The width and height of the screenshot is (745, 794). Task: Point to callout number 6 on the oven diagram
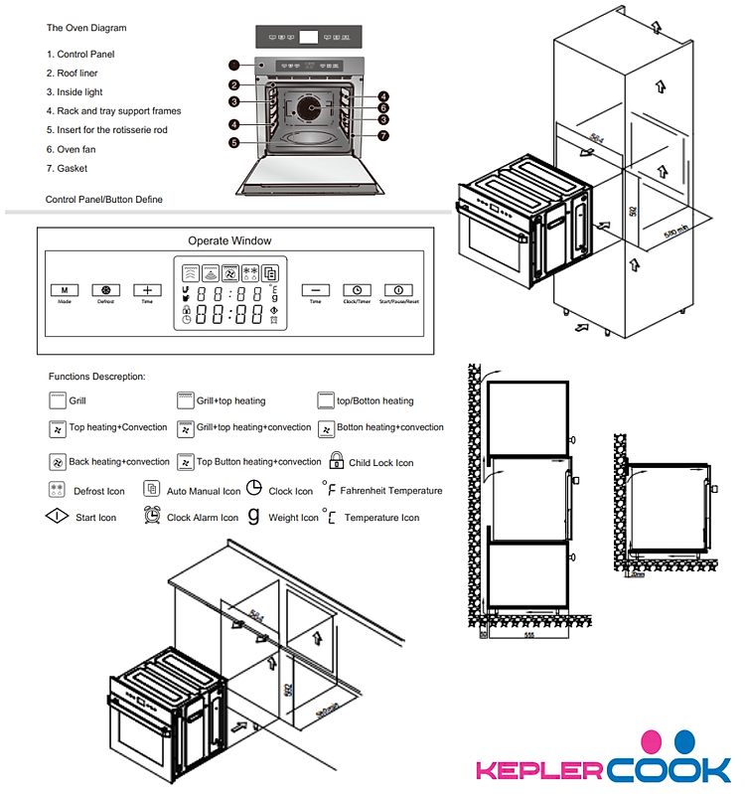click(381, 107)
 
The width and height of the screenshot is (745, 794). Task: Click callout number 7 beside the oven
click(382, 135)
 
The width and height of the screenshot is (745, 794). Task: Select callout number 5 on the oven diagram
click(233, 142)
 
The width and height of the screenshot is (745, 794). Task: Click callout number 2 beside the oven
click(233, 85)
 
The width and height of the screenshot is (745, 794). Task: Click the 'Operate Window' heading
click(229, 240)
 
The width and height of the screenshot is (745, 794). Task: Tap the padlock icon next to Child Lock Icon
click(337, 461)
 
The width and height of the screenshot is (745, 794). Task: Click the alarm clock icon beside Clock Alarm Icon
click(152, 516)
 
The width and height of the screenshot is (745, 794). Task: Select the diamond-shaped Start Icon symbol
click(58, 517)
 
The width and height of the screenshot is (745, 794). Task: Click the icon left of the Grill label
click(57, 400)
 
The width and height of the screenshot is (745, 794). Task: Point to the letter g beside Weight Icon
click(254, 516)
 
